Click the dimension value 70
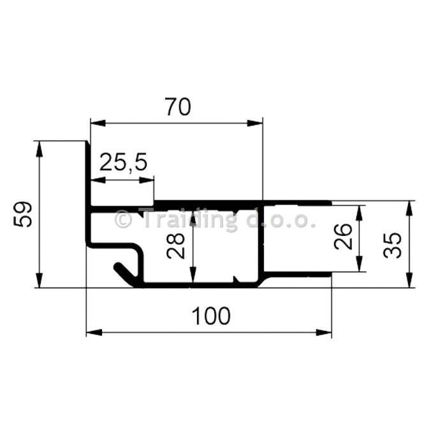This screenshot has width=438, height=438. click(178, 106)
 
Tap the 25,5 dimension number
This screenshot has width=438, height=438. click(123, 163)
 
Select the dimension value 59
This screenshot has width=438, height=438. click(23, 214)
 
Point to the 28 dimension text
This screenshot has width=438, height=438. click(176, 246)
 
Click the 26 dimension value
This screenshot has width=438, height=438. click(343, 237)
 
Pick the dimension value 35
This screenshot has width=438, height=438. click(393, 245)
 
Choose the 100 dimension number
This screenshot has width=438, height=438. click(211, 316)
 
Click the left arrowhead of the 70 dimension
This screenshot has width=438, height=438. click(98, 123)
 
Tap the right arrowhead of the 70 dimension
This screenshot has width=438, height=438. click(255, 123)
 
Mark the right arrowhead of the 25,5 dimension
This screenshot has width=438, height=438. click(147, 180)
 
